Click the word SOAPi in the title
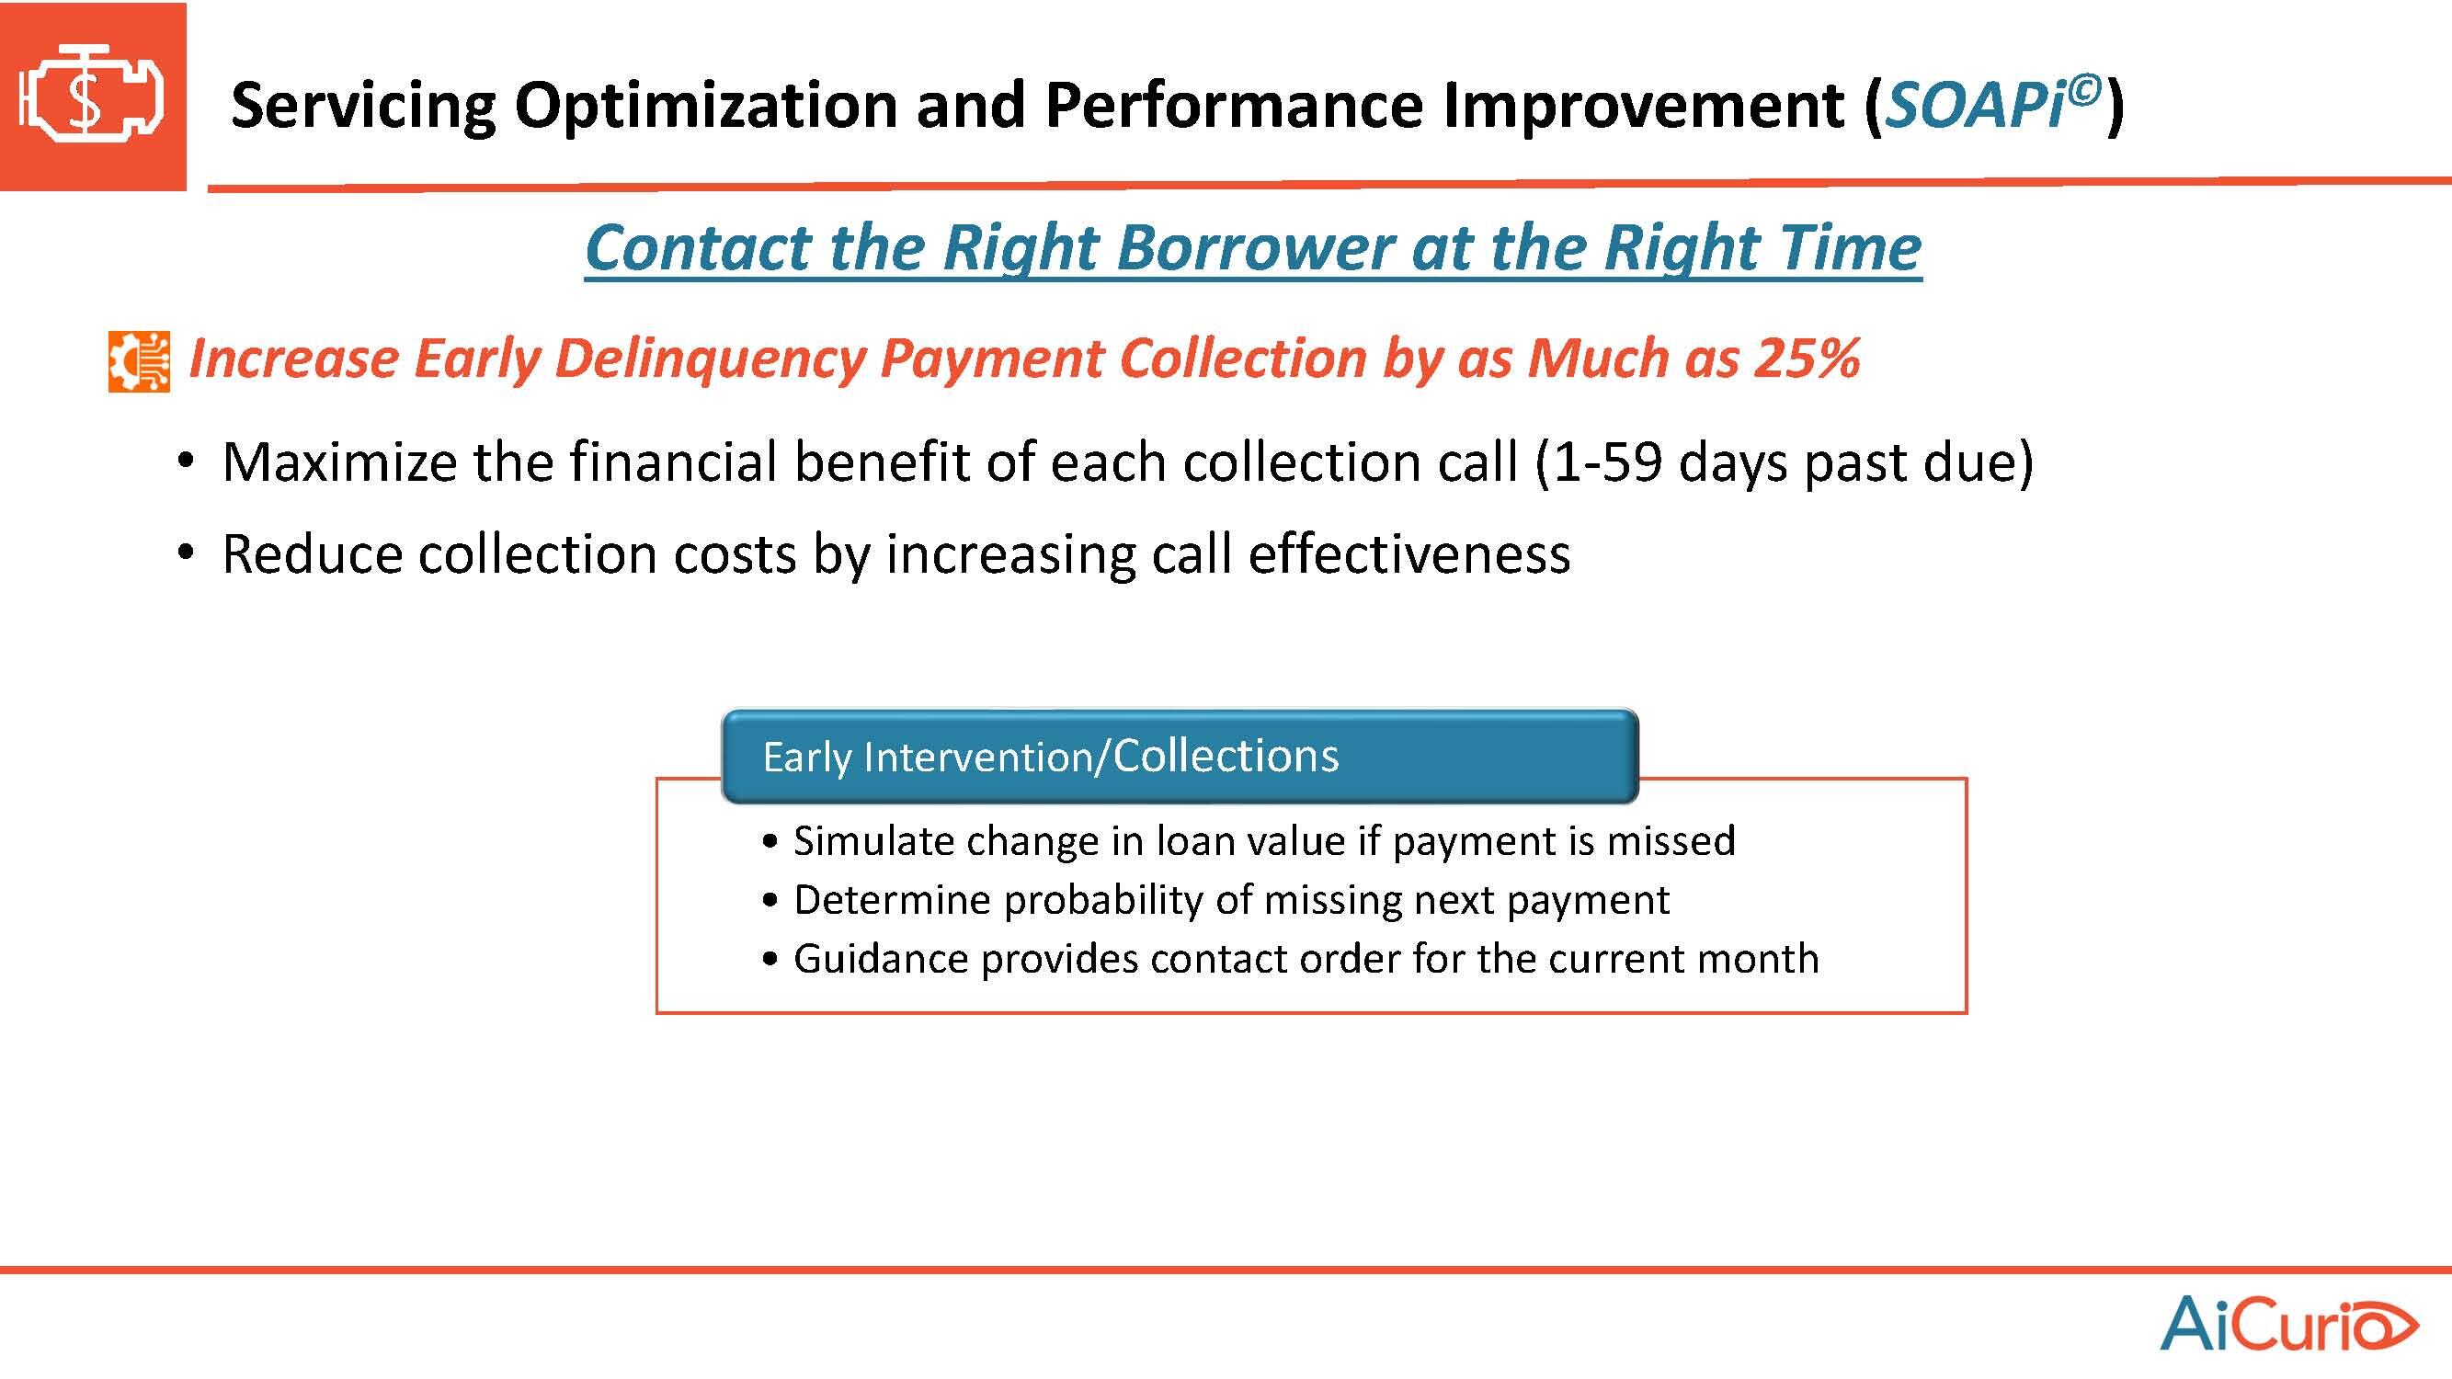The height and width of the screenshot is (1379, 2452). pyautogui.click(x=1975, y=105)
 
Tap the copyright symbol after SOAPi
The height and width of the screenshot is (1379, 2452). pyautogui.click(x=2083, y=90)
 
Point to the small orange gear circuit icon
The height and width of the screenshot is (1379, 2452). pyautogui.click(x=139, y=361)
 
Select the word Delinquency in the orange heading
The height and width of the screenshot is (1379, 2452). pyautogui.click(x=708, y=359)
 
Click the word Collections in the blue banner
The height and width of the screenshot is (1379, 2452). pyautogui.click(x=1226, y=756)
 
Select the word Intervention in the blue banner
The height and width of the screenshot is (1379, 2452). pyautogui.click(x=978, y=758)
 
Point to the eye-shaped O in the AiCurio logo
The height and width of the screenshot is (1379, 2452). pyautogui.click(x=2383, y=1327)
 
